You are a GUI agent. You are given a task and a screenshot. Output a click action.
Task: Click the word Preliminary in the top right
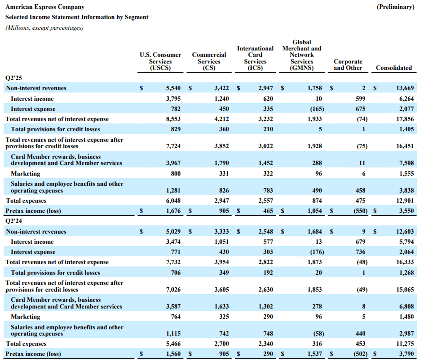point(395,7)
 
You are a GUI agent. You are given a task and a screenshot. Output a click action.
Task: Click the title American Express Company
point(45,7)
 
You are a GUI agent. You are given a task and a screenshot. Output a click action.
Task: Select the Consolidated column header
point(394,68)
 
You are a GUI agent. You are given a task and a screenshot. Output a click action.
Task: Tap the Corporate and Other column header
point(348,65)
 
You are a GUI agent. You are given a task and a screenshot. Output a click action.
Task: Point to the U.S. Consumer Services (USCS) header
point(160,61)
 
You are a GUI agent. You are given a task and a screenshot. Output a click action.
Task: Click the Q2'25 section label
point(13,78)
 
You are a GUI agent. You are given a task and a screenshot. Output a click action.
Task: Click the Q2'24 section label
point(13,221)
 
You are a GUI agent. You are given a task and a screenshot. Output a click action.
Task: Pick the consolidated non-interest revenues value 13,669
point(405,88)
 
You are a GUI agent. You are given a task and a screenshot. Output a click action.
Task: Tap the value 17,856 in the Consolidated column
point(405,119)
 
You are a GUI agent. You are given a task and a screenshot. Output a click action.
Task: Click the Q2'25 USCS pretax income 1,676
point(173,211)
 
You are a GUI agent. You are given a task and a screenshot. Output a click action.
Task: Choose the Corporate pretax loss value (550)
point(360,211)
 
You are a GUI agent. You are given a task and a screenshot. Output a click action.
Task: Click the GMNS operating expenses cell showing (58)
point(319,334)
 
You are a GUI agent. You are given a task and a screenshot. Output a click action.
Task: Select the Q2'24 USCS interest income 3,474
point(173,242)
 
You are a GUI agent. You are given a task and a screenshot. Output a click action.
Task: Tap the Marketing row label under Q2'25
point(26,174)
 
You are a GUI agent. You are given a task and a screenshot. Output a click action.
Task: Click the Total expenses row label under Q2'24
point(26,344)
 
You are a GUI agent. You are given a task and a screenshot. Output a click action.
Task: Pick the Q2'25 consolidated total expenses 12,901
point(405,201)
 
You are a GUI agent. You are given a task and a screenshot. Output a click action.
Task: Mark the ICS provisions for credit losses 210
point(268,129)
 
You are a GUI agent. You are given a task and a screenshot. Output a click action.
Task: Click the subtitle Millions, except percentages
point(44,28)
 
